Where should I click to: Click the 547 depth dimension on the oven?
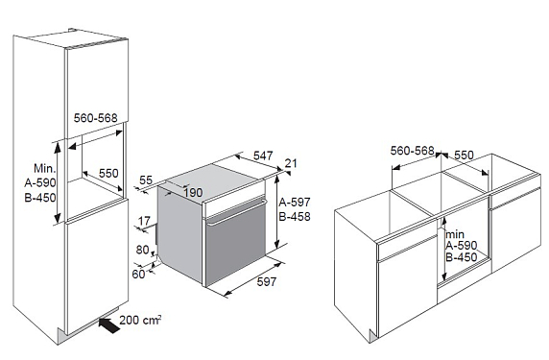(263, 156)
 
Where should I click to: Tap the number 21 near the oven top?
(291, 163)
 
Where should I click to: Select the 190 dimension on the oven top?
(193, 192)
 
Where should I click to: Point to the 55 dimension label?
(146, 180)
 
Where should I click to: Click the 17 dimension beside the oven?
(144, 221)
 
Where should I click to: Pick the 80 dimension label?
(142, 250)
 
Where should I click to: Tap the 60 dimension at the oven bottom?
(138, 274)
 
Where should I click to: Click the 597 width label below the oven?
(267, 281)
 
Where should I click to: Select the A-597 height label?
(295, 202)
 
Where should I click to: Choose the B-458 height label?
(295, 216)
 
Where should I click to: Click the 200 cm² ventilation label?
(140, 320)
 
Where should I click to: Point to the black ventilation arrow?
(109, 324)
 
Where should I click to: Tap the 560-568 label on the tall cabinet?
(95, 118)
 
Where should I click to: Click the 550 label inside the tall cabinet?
(108, 173)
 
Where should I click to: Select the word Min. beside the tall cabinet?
(45, 168)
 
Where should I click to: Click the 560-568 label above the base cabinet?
(412, 151)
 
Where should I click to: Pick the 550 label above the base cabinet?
(464, 156)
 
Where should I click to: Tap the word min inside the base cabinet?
(455, 234)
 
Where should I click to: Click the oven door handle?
(237, 211)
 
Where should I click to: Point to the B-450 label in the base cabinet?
(462, 257)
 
